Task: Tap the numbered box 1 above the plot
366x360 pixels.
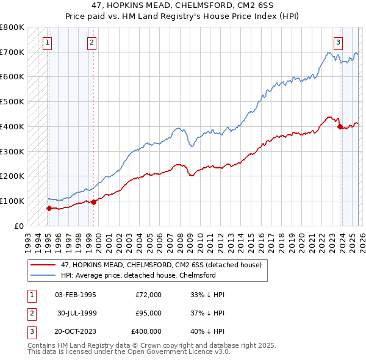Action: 47,43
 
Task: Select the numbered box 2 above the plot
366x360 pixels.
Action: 91,43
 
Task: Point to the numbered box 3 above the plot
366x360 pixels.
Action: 338,43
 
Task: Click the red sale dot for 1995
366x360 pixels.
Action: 49,208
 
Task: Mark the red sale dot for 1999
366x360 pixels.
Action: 94,203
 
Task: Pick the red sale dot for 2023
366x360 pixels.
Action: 340,126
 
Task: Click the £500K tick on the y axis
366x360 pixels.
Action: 12,102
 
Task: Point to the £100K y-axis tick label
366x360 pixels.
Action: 12,201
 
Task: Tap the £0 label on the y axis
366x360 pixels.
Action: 19,226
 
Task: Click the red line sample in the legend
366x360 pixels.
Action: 43,265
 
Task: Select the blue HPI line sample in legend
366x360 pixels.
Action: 43,275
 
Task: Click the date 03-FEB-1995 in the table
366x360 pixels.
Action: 75,295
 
